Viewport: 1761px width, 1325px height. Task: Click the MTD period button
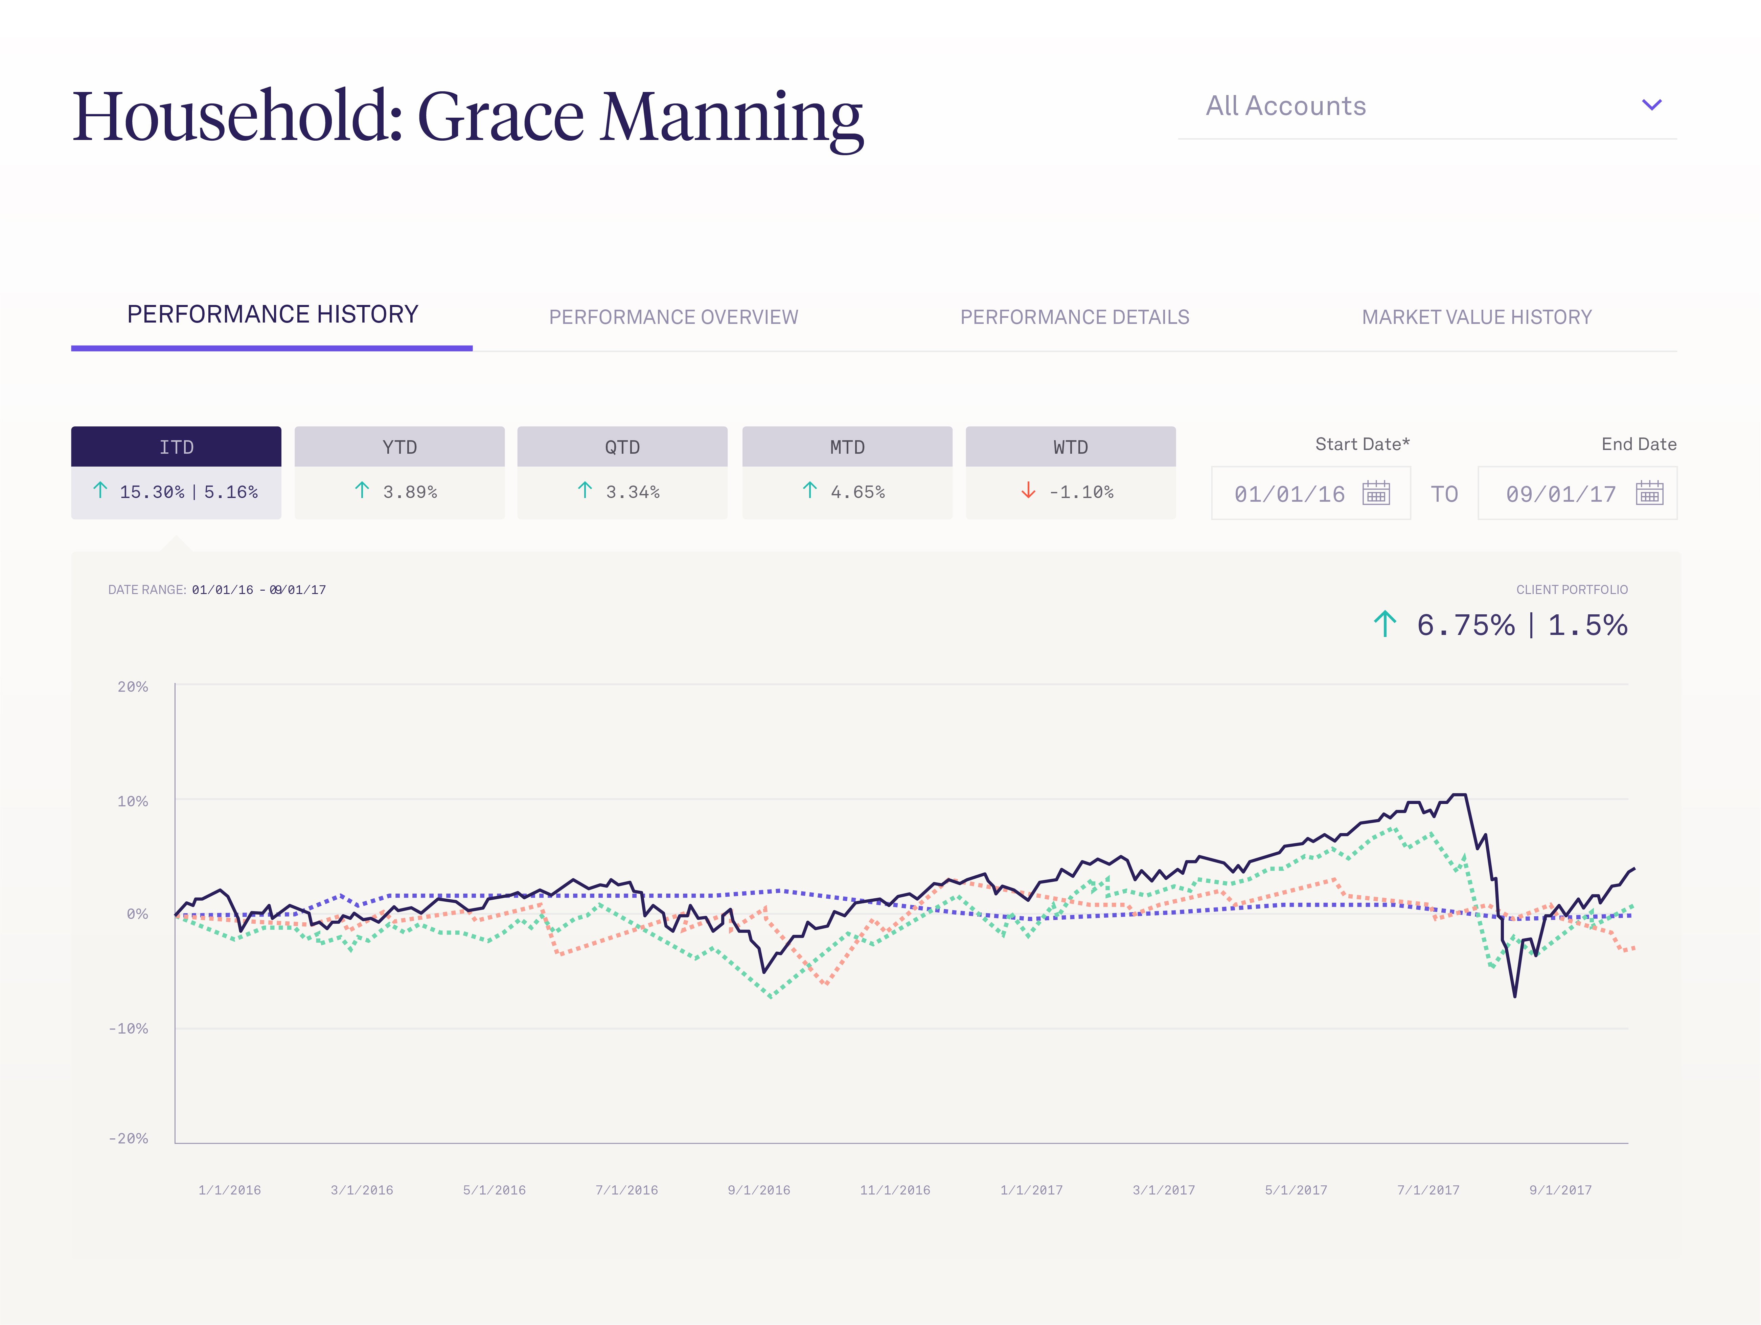coord(847,447)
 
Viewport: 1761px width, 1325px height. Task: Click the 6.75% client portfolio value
coord(1465,625)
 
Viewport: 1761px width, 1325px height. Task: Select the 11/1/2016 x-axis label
coord(895,1190)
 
